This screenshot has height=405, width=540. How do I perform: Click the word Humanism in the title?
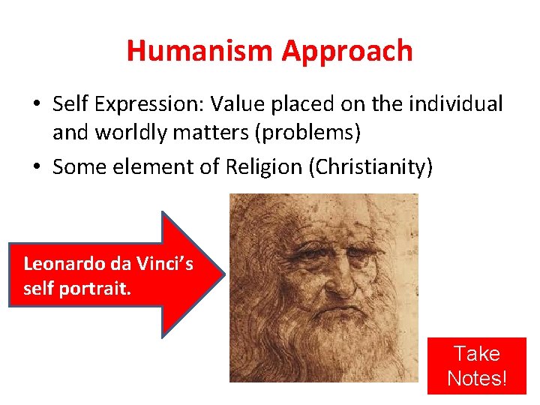[x=200, y=51]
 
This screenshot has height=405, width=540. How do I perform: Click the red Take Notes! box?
[x=477, y=365]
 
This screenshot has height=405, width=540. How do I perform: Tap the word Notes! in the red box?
[x=477, y=378]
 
